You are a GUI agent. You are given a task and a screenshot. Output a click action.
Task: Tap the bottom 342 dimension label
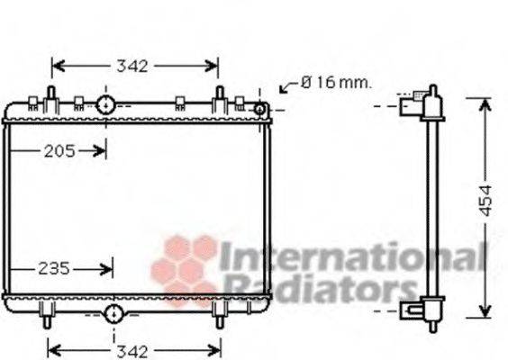(x=134, y=349)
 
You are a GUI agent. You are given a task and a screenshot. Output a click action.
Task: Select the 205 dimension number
(x=59, y=151)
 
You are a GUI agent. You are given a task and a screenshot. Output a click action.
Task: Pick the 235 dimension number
(x=55, y=267)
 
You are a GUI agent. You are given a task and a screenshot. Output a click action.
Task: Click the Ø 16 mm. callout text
(x=335, y=83)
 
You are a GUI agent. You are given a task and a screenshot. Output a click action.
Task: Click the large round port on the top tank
(x=106, y=105)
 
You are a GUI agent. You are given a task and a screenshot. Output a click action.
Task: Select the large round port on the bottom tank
(x=114, y=313)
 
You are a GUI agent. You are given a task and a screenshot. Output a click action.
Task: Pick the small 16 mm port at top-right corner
(x=259, y=109)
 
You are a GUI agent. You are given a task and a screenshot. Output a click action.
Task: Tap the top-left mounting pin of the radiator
(x=50, y=94)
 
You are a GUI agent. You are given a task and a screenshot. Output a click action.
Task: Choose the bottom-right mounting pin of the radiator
(x=217, y=319)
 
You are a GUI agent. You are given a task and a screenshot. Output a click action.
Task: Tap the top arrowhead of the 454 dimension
(x=485, y=101)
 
